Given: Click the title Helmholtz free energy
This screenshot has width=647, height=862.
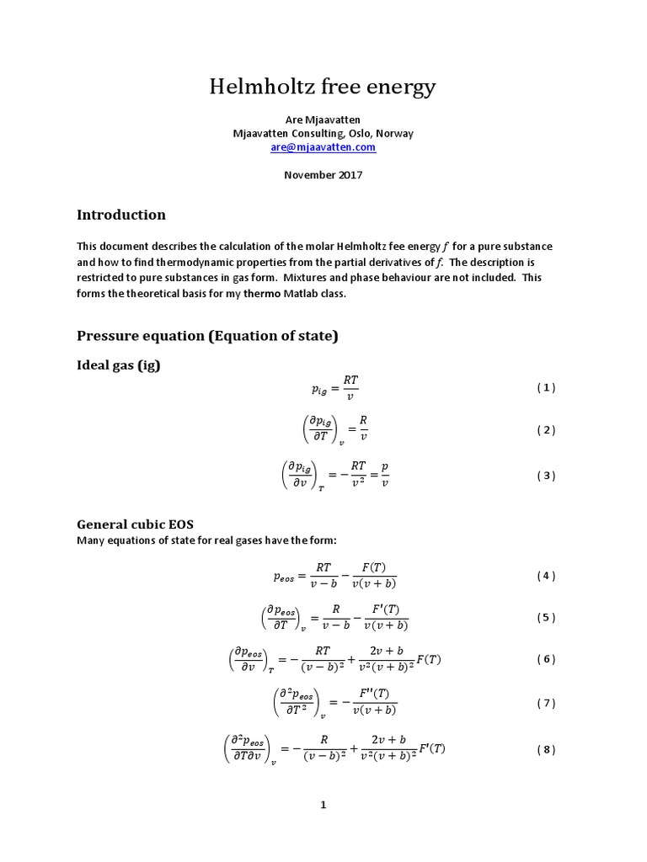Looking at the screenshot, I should click(x=323, y=87).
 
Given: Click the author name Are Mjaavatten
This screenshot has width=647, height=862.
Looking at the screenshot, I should click(x=323, y=120).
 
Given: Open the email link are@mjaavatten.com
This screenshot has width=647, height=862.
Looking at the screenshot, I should click(x=323, y=147).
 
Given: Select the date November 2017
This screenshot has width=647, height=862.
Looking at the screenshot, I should click(x=323, y=175).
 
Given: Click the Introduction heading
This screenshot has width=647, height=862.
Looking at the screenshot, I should click(x=121, y=215).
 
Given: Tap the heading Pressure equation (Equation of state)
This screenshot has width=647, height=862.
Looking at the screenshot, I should click(x=207, y=336).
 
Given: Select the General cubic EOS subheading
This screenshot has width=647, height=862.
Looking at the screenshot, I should click(x=135, y=524).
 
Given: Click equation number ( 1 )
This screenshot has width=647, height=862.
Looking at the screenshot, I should click(x=546, y=388).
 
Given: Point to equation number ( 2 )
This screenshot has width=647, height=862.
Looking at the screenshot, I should click(x=546, y=430).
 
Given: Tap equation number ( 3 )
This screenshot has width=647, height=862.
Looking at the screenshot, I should click(x=546, y=476).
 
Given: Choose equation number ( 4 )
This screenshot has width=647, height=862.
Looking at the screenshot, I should click(x=546, y=576).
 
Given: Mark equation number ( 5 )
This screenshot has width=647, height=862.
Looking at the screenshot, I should click(x=546, y=617).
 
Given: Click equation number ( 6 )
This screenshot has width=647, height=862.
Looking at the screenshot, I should click(x=546, y=659).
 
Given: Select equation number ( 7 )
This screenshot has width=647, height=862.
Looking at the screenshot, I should click(x=546, y=703).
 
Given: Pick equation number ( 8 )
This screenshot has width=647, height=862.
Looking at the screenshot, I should click(x=546, y=750).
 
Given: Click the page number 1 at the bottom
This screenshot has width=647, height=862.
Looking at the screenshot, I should click(x=323, y=806).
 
